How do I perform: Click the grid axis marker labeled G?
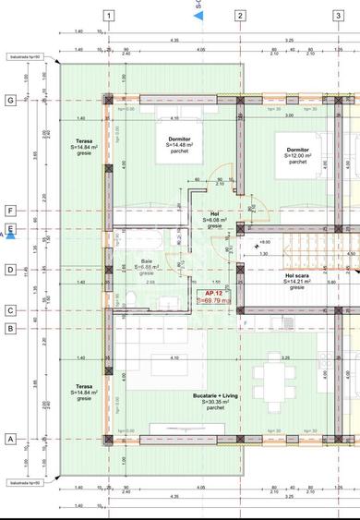[10, 100]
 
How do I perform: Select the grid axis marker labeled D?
[10, 270]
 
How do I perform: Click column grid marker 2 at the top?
[239, 16]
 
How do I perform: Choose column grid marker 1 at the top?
[109, 16]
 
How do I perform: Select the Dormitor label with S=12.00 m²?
[297, 152]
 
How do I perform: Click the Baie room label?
[147, 267]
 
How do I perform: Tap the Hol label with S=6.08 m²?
[214, 219]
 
